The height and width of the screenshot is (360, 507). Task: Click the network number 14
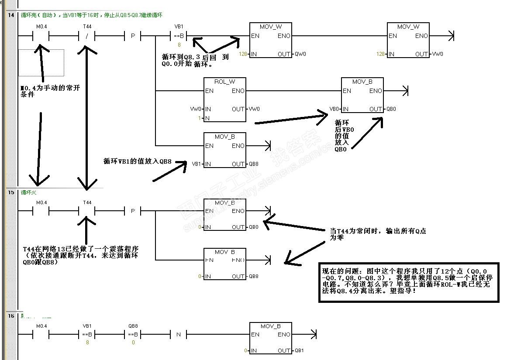pyautogui.click(x=11, y=15)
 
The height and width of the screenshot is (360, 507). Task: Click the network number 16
pyautogui.click(x=11, y=315)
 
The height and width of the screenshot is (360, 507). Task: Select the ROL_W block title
pyautogui.click(x=224, y=82)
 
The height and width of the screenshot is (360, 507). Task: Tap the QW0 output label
pyautogui.click(x=300, y=54)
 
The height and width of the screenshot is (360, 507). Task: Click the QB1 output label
pyautogui.click(x=299, y=350)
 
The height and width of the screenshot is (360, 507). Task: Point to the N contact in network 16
pyautogui.click(x=178, y=335)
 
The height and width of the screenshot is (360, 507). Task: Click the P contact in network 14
pyautogui.click(x=133, y=36)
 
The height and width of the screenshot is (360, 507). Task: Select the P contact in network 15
pyautogui.click(x=133, y=211)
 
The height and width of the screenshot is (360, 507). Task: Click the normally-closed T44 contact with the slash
pyautogui.click(x=87, y=36)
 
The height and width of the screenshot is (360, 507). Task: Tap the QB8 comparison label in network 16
pyautogui.click(x=133, y=326)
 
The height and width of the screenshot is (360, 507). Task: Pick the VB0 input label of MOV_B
pyautogui.click(x=335, y=109)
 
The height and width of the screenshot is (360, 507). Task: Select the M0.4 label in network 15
pyautogui.click(x=41, y=202)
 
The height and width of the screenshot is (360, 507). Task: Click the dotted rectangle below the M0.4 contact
pyautogui.click(x=41, y=62)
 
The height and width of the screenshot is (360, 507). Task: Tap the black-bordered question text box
pyautogui.click(x=408, y=282)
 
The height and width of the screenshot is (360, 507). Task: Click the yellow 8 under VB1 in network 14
pyautogui.click(x=179, y=45)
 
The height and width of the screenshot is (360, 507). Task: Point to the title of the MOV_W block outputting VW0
pyautogui.click(x=408, y=27)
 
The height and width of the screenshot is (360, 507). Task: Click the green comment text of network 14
pyautogui.click(x=92, y=15)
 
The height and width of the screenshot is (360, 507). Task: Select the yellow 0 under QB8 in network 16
pyautogui.click(x=133, y=343)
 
